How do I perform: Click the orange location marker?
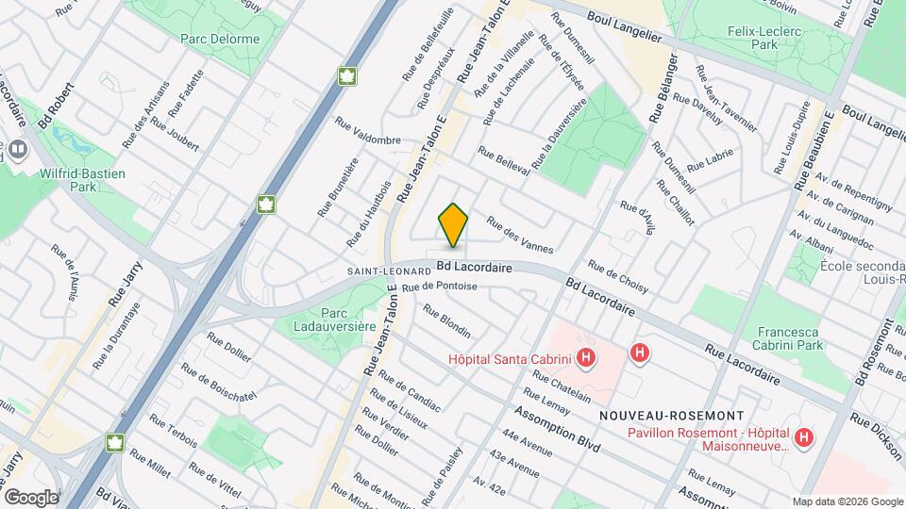tap(453, 224)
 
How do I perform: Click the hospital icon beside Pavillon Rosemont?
tap(803, 437)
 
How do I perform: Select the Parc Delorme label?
tap(220, 40)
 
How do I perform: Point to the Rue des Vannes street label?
tap(518, 235)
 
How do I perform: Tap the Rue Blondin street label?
tap(446, 320)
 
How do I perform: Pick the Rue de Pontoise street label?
tap(439, 286)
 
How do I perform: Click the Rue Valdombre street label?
tap(369, 133)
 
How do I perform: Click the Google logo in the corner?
tap(30, 497)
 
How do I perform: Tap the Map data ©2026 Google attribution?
tap(847, 501)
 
